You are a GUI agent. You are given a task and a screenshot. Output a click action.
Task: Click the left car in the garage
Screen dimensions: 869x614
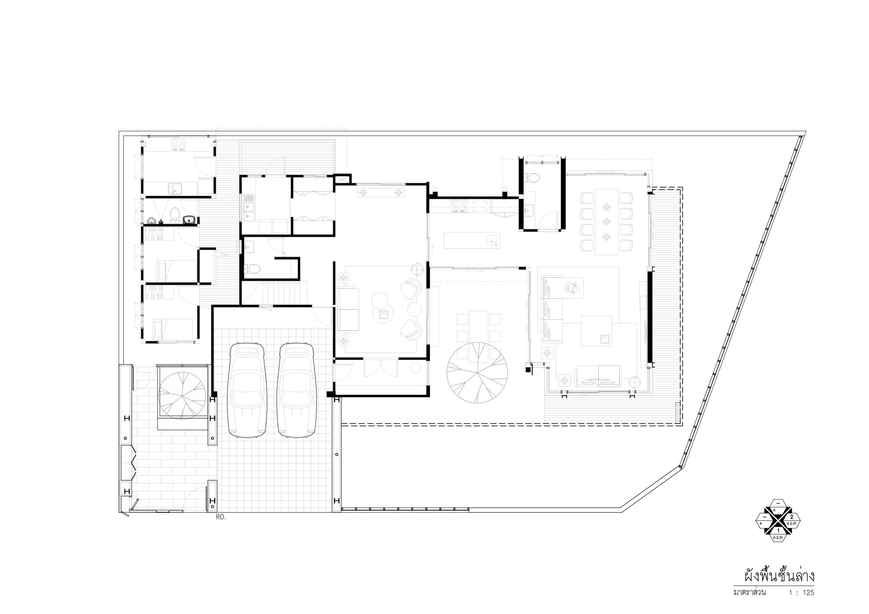pos(246,390)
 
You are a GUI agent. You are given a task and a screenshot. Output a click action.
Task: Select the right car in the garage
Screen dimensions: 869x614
pos(296,390)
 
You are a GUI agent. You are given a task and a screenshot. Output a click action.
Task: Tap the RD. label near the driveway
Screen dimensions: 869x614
pos(221,517)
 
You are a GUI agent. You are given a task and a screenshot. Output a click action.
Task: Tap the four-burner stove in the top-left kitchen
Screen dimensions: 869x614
pos(179,144)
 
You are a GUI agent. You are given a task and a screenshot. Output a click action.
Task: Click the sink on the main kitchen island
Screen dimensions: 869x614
pos(492,240)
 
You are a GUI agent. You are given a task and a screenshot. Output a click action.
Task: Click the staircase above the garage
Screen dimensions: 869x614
pos(274,293)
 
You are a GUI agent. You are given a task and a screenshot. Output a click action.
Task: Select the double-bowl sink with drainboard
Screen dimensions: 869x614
pos(249,210)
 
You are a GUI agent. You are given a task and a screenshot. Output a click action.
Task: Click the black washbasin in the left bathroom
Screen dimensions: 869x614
pos(189,219)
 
